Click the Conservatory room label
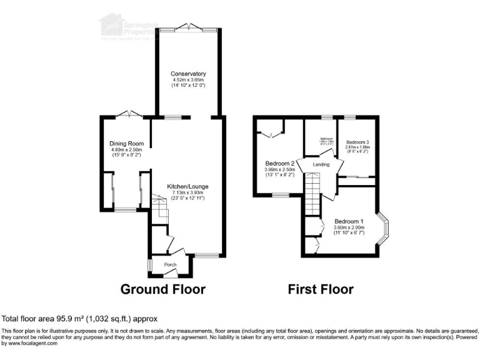pos(189,74)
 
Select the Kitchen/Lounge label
pos(187,186)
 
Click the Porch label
pos(170,265)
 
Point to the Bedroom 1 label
pos(349,221)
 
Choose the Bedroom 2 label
pos(279,164)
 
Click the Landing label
pos(321,164)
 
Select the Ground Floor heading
pos(162,289)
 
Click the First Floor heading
pos(320,289)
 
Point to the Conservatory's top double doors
pos(188,27)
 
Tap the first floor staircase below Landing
pos(312,194)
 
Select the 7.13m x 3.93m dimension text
pos(187,192)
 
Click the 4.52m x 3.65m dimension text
pos(189,80)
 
